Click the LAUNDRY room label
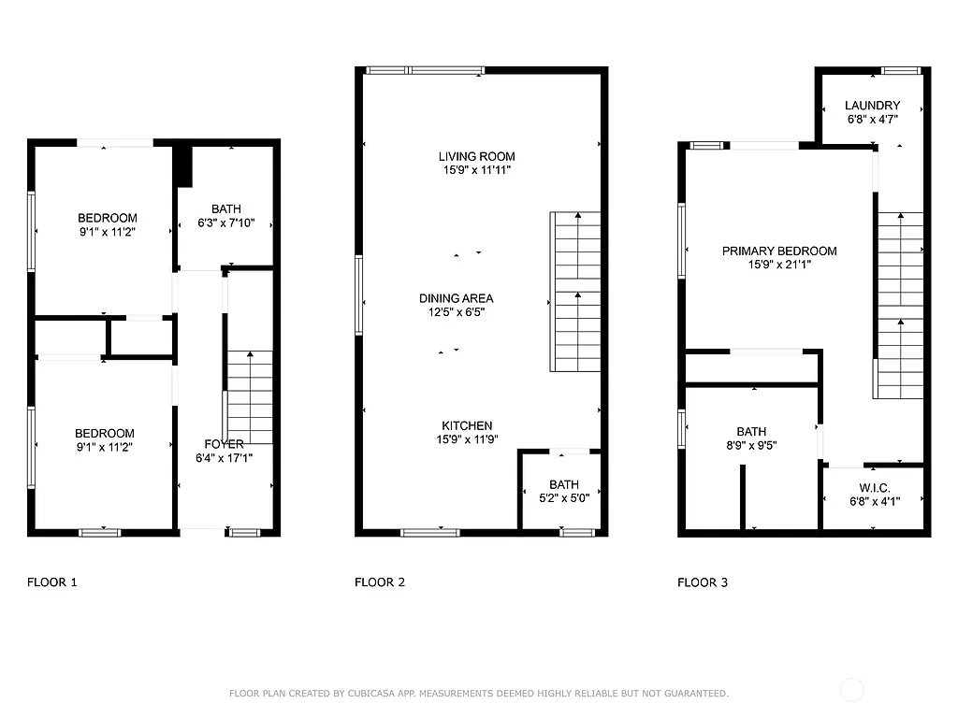click(872, 106)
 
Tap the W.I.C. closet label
click(874, 488)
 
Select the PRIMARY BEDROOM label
click(779, 251)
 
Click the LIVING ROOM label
click(477, 156)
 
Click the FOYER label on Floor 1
click(224, 444)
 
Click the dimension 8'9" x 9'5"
click(751, 446)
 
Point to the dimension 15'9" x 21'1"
click(779, 265)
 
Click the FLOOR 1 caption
click(51, 582)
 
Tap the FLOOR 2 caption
click(380, 582)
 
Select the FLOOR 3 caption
click(703, 582)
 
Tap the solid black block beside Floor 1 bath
click(184, 166)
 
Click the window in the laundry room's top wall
click(900, 70)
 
